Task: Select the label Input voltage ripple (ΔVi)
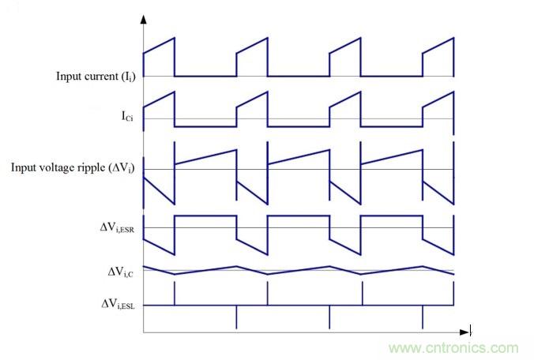coord(74,168)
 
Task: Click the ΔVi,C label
coord(118,272)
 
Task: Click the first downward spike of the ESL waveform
coord(236,316)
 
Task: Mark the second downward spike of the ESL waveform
coord(329,316)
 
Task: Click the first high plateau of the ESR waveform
coord(205,215)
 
